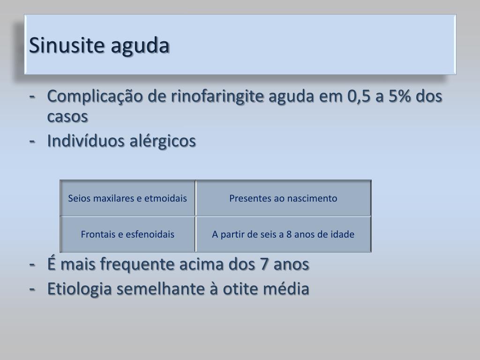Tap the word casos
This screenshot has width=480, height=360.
[x=67, y=117]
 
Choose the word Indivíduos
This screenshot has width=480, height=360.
[x=86, y=141]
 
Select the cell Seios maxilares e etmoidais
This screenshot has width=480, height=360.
[x=127, y=198]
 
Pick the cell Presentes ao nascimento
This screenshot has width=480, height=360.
[x=283, y=198]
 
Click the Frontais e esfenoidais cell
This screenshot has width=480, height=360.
[x=127, y=234]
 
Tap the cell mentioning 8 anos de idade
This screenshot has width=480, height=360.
[x=283, y=234]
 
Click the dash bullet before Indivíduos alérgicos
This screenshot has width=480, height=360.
[x=32, y=141]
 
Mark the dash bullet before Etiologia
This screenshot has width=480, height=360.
[x=32, y=289]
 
